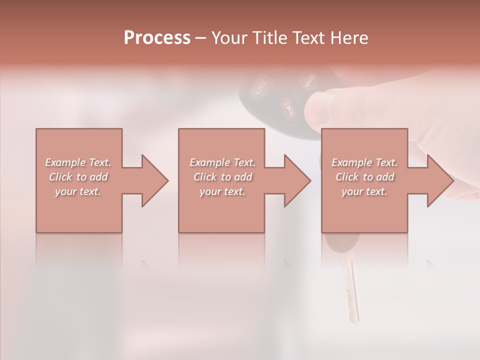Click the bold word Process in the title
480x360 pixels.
157,37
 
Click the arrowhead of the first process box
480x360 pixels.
153,180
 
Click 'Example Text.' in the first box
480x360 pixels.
78,162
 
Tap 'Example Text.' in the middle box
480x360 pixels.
222,162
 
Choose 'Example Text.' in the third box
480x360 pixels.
364,162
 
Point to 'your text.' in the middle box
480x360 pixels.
222,191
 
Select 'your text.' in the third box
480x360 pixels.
364,191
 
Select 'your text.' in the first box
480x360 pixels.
78,191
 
